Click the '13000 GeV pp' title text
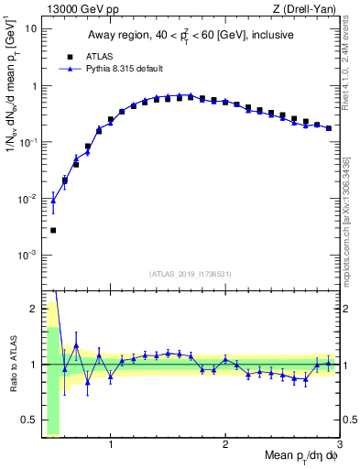pyautogui.click(x=75, y=9)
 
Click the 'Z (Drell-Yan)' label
pyautogui.click(x=306, y=9)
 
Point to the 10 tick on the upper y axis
pyautogui.click(x=30, y=28)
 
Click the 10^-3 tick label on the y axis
pyautogui.click(x=27, y=254)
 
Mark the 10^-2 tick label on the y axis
pyautogui.click(x=27, y=198)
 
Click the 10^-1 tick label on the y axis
pyautogui.click(x=27, y=142)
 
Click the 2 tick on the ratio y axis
pyautogui.click(x=32, y=309)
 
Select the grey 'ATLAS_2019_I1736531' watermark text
pyautogui.click(x=191, y=274)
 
